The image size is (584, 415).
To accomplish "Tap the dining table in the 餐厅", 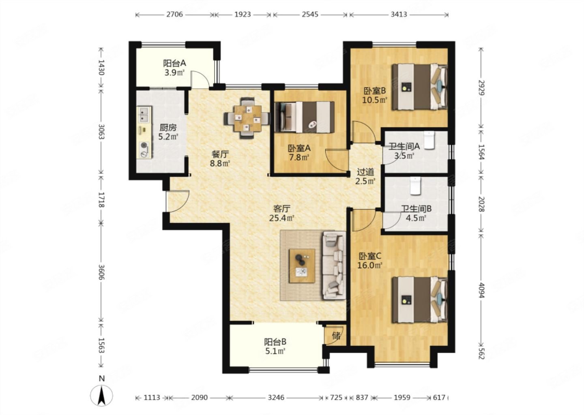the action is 247,118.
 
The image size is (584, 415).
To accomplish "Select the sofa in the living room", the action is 334,265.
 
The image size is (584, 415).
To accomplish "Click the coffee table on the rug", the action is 302,266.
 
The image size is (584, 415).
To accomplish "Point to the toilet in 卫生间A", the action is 429,140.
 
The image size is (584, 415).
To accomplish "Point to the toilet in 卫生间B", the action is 415,186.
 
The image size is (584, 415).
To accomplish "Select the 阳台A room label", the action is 174,63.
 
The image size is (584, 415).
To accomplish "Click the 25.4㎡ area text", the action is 281,218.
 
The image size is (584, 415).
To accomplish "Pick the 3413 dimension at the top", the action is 399,14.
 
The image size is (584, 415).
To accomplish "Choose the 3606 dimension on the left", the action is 102,272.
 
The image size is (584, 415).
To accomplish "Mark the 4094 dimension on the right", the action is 481,291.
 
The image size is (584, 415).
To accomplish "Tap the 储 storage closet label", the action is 336,336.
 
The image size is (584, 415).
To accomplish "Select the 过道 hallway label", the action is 365,172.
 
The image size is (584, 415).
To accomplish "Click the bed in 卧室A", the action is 305,117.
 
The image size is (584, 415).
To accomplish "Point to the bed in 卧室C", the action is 419,299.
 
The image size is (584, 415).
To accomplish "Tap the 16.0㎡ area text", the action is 370,265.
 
